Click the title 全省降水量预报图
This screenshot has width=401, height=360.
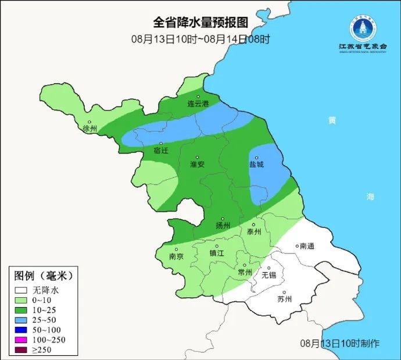[201, 23]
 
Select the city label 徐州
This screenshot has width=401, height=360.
[91, 128]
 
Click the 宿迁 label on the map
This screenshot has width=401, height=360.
[161, 151]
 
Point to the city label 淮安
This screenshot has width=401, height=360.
[197, 165]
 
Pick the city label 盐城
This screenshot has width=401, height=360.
[256, 165]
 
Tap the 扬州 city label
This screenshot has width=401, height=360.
[223, 226]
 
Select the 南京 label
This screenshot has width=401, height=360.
[176, 256]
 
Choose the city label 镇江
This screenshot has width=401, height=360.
[217, 253]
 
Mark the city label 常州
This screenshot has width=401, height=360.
[245, 272]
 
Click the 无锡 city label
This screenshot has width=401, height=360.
[268, 275]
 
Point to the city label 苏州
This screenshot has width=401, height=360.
[284, 300]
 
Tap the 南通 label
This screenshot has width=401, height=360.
[306, 246]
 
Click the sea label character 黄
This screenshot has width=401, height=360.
[331, 120]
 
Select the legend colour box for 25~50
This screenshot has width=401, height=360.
[22, 320]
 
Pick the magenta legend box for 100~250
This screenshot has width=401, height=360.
[22, 340]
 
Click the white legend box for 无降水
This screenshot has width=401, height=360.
[22, 290]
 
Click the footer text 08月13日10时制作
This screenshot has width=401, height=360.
[340, 343]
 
